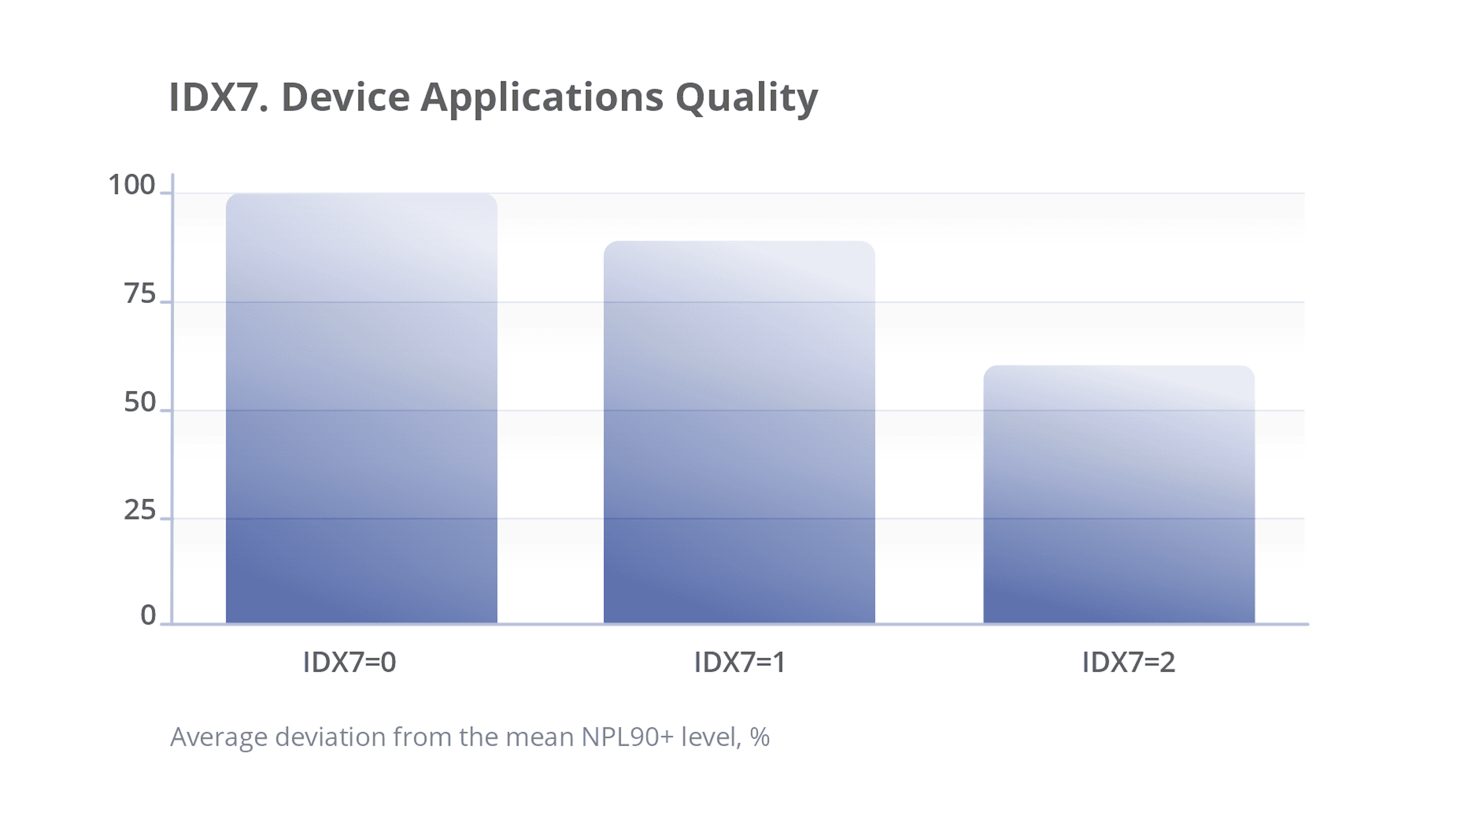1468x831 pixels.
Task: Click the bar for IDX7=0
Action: coord(361,408)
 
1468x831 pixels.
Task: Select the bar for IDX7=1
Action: coord(739,432)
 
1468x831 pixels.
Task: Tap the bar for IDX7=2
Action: coord(1119,494)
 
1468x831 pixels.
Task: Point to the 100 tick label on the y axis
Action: coord(132,185)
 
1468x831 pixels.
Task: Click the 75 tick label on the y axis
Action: coord(140,294)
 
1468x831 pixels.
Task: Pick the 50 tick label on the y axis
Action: coord(140,403)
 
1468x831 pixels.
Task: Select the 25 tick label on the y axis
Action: coord(140,510)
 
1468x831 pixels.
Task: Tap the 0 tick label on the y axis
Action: coord(148,616)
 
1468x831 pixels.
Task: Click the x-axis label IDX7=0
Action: coord(349,662)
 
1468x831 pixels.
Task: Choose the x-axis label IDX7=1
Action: coord(740,662)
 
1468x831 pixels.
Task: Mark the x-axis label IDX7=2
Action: coord(1129,662)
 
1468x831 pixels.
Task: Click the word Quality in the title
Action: coord(747,98)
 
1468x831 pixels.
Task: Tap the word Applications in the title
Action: coord(542,98)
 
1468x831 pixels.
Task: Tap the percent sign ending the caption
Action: coord(760,737)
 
